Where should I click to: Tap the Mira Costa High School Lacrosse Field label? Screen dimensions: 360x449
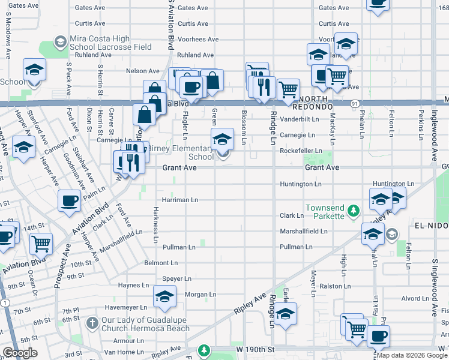coord(110,43)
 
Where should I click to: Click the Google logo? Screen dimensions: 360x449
coord(20,353)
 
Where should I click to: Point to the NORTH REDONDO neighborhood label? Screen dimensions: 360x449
coord(312,106)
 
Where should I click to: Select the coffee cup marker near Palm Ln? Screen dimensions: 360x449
coord(70,200)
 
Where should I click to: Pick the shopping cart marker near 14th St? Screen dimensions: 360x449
coord(41,243)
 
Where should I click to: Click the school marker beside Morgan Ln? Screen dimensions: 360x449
coord(165,295)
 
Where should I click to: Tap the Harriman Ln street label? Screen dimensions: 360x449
coord(179,199)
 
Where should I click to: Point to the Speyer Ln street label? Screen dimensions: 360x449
coord(176,278)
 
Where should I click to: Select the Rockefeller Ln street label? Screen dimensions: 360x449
coord(301,151)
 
